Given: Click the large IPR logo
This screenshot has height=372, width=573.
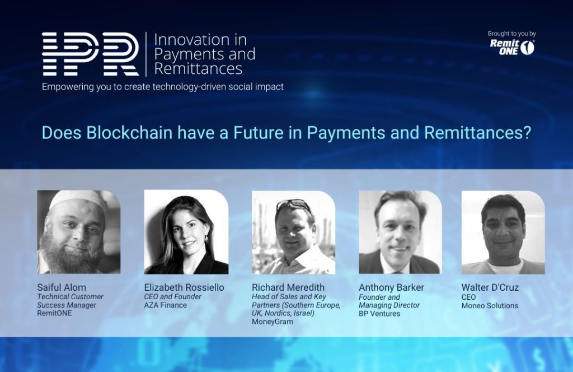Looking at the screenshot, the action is (x=91, y=54).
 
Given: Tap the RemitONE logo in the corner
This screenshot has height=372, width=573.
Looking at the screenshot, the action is (x=512, y=47).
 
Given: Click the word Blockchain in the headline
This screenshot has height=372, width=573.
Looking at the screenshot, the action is (x=129, y=132).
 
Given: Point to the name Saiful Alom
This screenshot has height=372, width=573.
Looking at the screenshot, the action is (x=62, y=287).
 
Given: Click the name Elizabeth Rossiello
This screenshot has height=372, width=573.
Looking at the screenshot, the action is (x=184, y=287).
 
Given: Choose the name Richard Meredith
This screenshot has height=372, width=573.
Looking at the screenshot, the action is (x=288, y=287).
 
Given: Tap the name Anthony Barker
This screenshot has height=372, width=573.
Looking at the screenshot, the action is (x=391, y=287).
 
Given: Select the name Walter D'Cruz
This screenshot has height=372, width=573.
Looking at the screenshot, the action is (x=490, y=287).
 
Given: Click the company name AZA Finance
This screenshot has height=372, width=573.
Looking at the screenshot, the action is (x=165, y=305).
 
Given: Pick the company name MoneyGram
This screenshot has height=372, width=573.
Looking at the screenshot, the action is (x=273, y=322).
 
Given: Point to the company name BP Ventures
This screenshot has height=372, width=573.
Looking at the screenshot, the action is (x=379, y=314).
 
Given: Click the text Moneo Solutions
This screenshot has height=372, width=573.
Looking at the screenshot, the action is (x=490, y=306).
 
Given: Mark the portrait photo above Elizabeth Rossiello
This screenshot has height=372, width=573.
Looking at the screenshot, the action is (x=186, y=232).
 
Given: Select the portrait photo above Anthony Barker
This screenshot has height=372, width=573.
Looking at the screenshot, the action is (x=401, y=232).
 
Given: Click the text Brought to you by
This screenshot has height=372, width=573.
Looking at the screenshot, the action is (x=511, y=34).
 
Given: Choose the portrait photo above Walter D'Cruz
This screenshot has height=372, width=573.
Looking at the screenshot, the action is (x=503, y=232).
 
